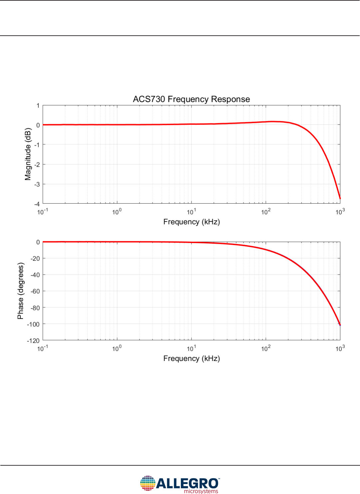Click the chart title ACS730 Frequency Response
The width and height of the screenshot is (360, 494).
(x=191, y=99)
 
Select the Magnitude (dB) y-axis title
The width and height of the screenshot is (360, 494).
(x=28, y=154)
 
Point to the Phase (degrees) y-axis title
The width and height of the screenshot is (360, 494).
(x=21, y=291)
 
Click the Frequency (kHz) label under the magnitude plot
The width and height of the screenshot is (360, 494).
(x=191, y=222)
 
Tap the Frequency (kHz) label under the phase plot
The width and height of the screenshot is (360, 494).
(x=191, y=359)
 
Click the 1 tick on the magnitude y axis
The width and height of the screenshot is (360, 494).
(x=38, y=106)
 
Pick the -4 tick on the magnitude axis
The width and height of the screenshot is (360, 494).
(x=37, y=204)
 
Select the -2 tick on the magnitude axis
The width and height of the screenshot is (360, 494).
(x=37, y=165)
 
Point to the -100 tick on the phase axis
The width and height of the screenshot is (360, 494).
(x=33, y=324)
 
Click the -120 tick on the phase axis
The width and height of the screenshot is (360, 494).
(x=33, y=341)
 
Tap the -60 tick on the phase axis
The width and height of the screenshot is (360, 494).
(x=35, y=291)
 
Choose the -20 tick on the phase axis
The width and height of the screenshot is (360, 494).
(x=35, y=259)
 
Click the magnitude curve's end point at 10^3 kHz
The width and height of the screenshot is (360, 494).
(x=340, y=199)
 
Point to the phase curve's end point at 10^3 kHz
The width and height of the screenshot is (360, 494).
(x=340, y=325)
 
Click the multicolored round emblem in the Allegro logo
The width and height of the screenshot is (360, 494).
(x=148, y=483)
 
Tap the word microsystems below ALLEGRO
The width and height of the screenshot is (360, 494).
(x=201, y=491)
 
